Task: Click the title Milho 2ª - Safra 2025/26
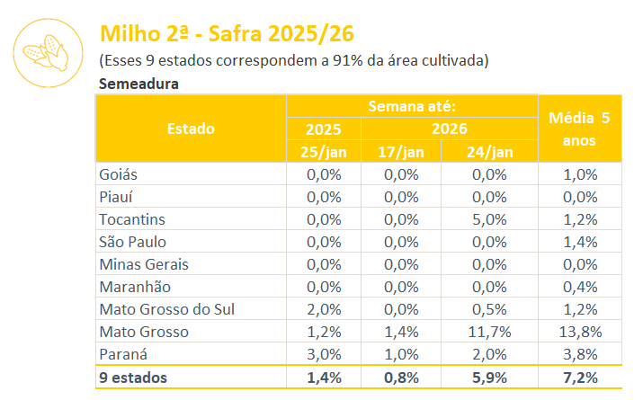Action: (x=227, y=34)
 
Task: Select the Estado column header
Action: (x=191, y=129)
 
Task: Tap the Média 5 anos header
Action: (x=580, y=129)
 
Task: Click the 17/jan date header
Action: (x=401, y=151)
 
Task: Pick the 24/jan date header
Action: (x=489, y=151)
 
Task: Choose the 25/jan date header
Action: (x=324, y=151)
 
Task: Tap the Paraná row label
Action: (x=123, y=354)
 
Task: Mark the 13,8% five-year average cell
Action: (x=580, y=332)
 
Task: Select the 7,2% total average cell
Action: (x=580, y=378)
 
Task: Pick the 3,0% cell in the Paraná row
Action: (x=324, y=354)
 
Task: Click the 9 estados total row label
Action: (x=132, y=378)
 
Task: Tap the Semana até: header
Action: (x=412, y=106)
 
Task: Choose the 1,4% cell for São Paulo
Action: (x=580, y=242)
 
